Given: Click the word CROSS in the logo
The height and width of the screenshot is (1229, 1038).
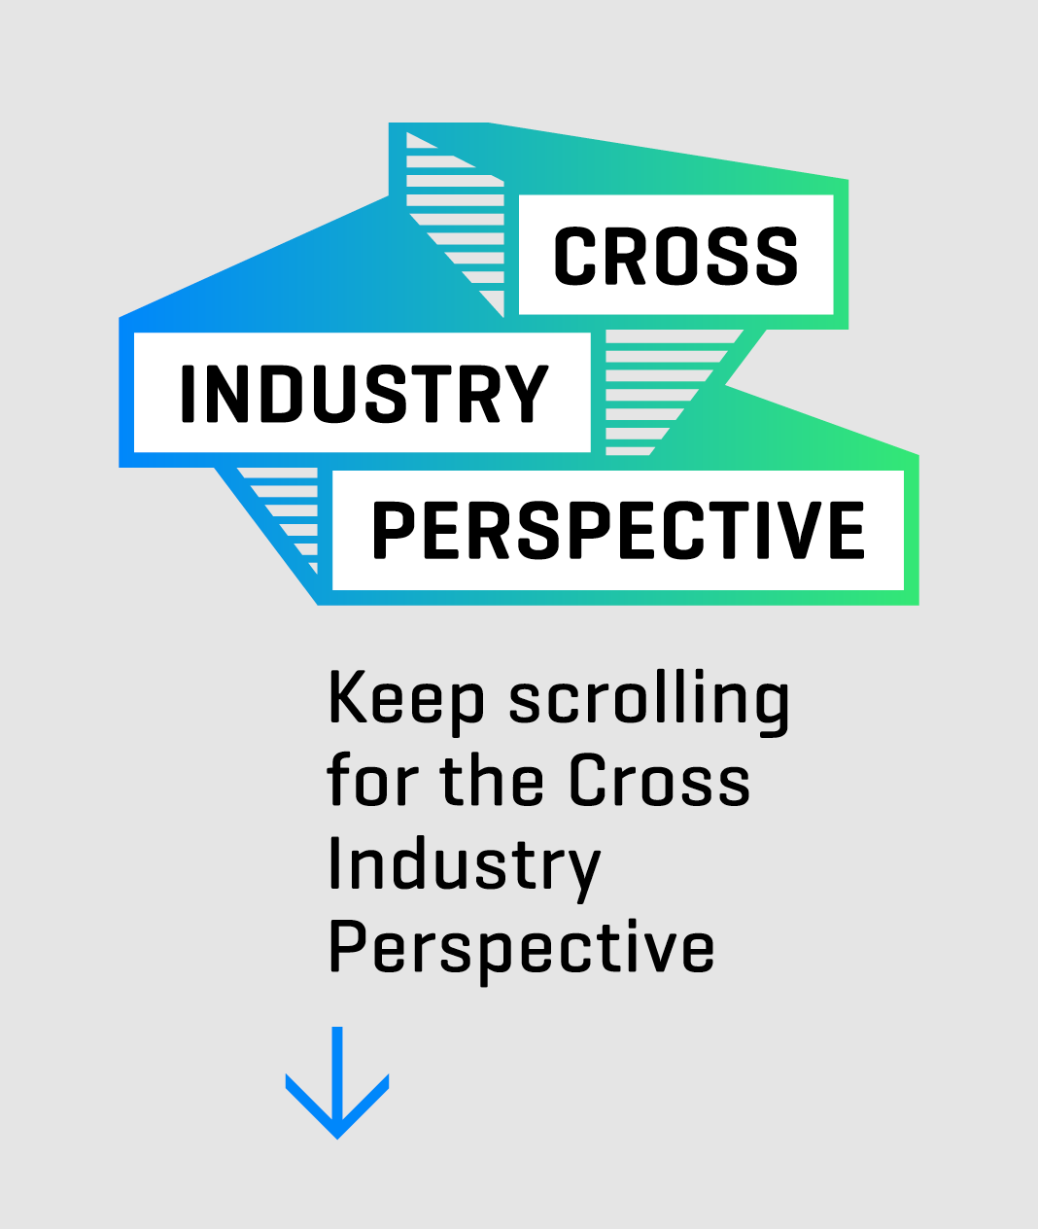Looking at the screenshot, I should pyautogui.click(x=675, y=256).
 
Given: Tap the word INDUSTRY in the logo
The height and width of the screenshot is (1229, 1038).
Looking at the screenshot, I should pyautogui.click(x=363, y=394).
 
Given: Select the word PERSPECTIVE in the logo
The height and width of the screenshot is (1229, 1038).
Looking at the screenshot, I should pyautogui.click(x=618, y=531).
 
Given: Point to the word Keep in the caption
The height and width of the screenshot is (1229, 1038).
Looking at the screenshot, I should pyautogui.click(x=405, y=699).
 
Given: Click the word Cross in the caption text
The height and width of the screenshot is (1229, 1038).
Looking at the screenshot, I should pyautogui.click(x=659, y=781).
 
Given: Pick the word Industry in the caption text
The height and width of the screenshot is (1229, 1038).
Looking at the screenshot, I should pyautogui.click(x=464, y=864).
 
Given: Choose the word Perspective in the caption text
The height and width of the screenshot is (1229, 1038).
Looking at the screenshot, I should pyautogui.click(x=521, y=948).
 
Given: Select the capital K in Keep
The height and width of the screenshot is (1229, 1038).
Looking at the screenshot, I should pyautogui.click(x=348, y=697).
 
